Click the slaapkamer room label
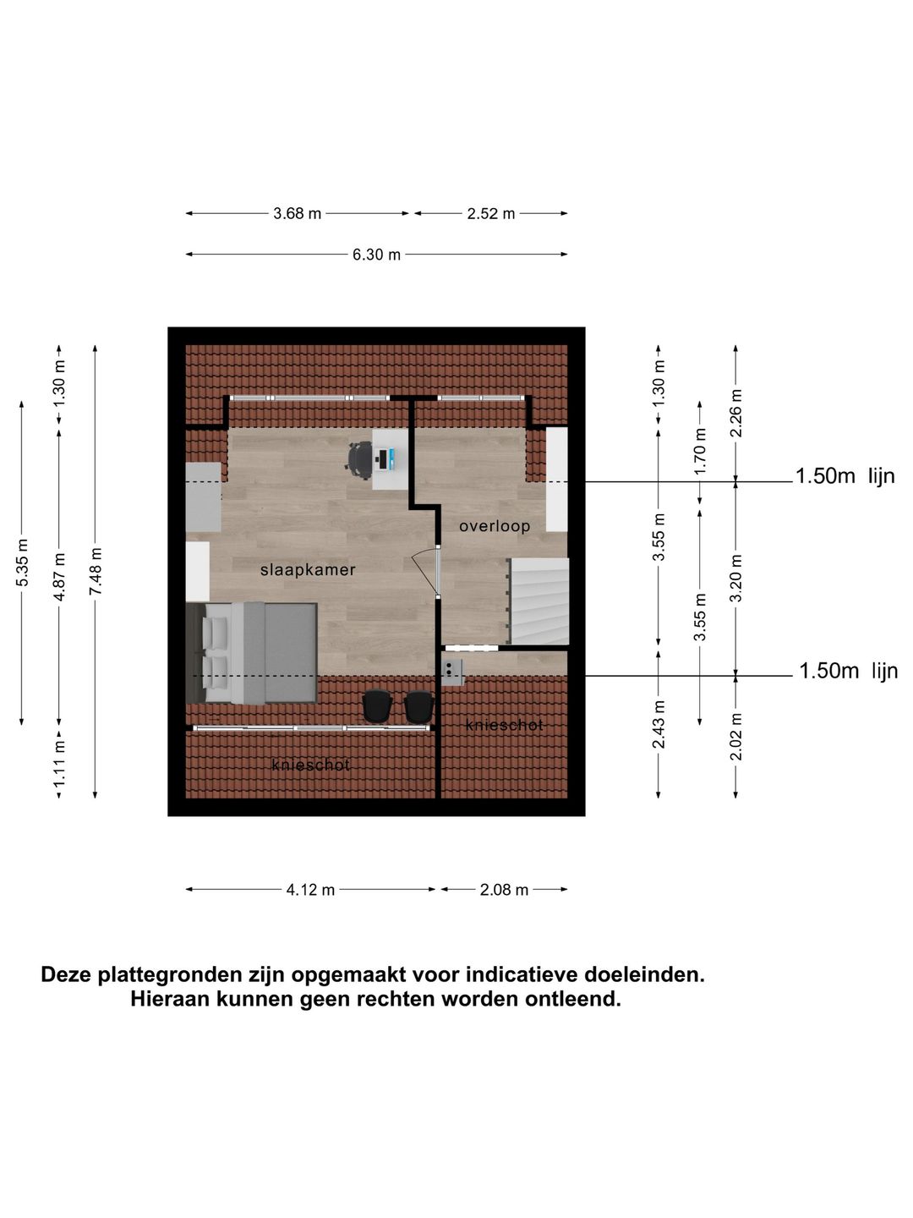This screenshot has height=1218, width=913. pyautogui.click(x=308, y=570)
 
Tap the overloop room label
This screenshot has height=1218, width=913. pyautogui.click(x=495, y=526)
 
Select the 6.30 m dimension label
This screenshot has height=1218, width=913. pyautogui.click(x=376, y=255)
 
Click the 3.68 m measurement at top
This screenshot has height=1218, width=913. pyautogui.click(x=297, y=214)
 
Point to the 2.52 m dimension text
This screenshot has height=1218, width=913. pyautogui.click(x=490, y=214)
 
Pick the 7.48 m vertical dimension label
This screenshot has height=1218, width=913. pyautogui.click(x=96, y=571)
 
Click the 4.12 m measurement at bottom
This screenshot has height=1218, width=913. pyautogui.click(x=310, y=890)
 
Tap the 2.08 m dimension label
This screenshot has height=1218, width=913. pyautogui.click(x=504, y=890)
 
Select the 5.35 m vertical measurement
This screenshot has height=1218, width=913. pyautogui.click(x=22, y=562)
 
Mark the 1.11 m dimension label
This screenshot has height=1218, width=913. pyautogui.click(x=59, y=763)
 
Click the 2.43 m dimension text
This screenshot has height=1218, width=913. pyautogui.click(x=659, y=724)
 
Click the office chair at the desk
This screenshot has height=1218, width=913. pyautogui.click(x=359, y=458)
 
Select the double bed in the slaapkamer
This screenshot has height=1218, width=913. pyautogui.click(x=252, y=653)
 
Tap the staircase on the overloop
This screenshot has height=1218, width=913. pyautogui.click(x=538, y=601)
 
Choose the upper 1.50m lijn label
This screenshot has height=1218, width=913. pyautogui.click(x=845, y=476)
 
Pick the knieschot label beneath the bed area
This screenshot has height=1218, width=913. pyautogui.click(x=310, y=765)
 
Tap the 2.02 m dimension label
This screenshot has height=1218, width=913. pyautogui.click(x=736, y=737)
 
